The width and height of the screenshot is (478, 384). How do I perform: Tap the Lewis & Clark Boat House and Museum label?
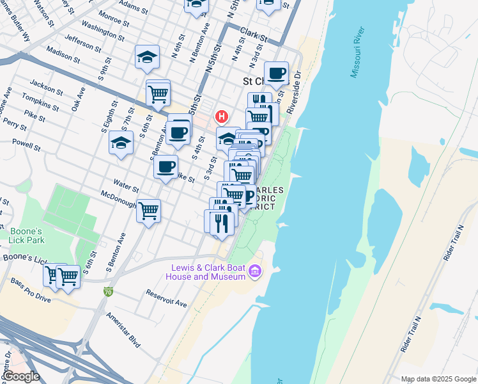(x=208, y=272)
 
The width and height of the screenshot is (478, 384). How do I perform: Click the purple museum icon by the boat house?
(x=256, y=272)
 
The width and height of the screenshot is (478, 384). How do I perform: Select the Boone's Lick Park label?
(x=26, y=236)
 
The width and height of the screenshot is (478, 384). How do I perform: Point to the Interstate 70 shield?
(x=109, y=292)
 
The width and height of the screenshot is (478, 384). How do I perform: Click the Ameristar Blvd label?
(x=123, y=330)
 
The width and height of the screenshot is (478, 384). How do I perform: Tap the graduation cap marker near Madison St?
(x=147, y=57)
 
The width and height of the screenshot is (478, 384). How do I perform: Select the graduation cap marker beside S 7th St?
(x=121, y=143)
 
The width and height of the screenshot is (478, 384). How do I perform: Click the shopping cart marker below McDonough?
(x=149, y=210)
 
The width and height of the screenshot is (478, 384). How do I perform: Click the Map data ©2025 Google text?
(x=438, y=379)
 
